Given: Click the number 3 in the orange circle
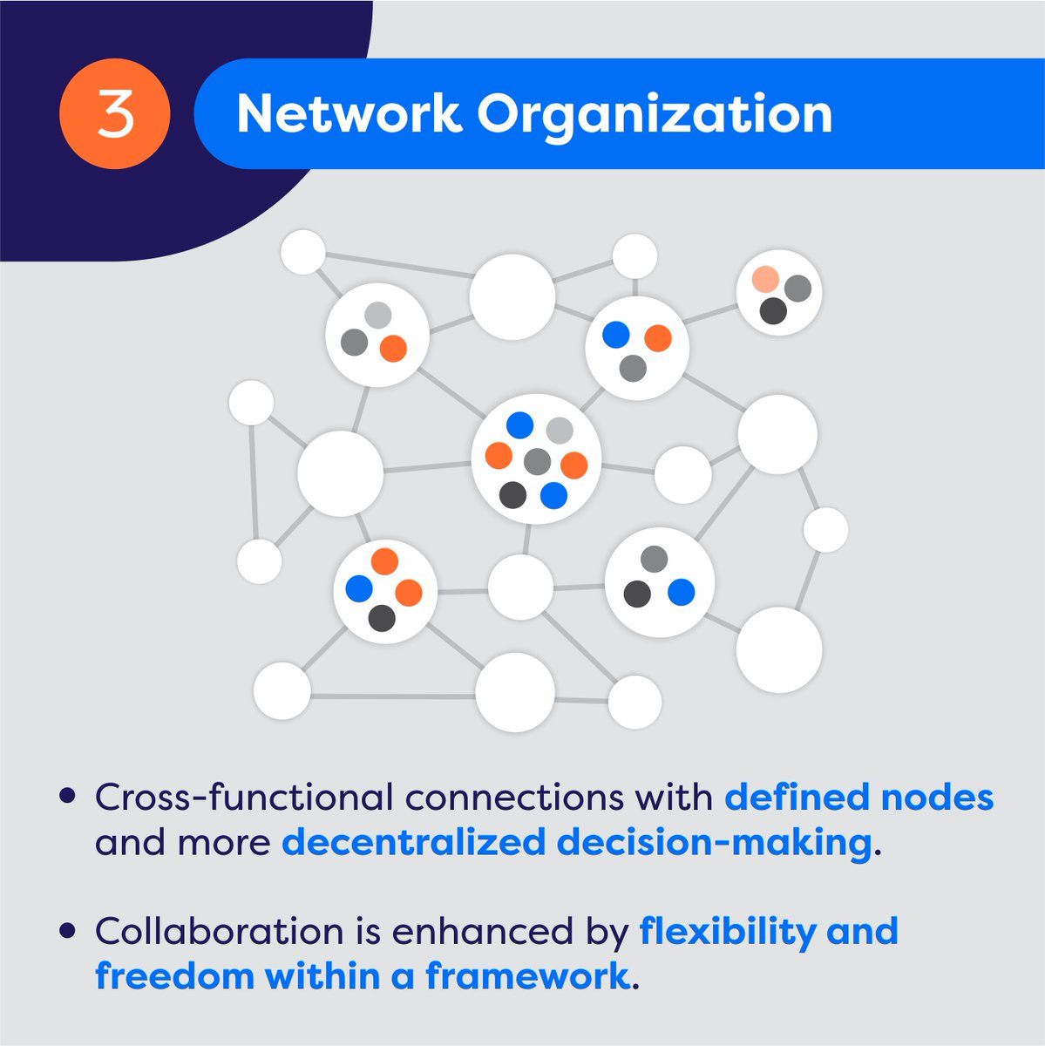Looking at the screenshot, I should tap(114, 114).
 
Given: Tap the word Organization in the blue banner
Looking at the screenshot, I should tap(655, 114).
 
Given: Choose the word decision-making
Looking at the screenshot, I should tap(715, 843).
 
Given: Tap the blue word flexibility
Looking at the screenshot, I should tap(727, 931).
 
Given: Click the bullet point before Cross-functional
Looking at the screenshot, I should tap(67, 797).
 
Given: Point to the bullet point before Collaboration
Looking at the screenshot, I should tap(67, 931).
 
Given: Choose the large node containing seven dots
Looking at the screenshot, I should tap(536, 459).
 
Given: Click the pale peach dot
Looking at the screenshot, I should tap(764, 279).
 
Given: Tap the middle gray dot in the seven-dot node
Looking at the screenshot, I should tap(538, 461).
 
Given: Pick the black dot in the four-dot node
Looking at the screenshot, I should tap(382, 619).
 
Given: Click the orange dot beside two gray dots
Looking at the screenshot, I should tap(393, 349).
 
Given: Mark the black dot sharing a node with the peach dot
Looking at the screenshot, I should tap(772, 311).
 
